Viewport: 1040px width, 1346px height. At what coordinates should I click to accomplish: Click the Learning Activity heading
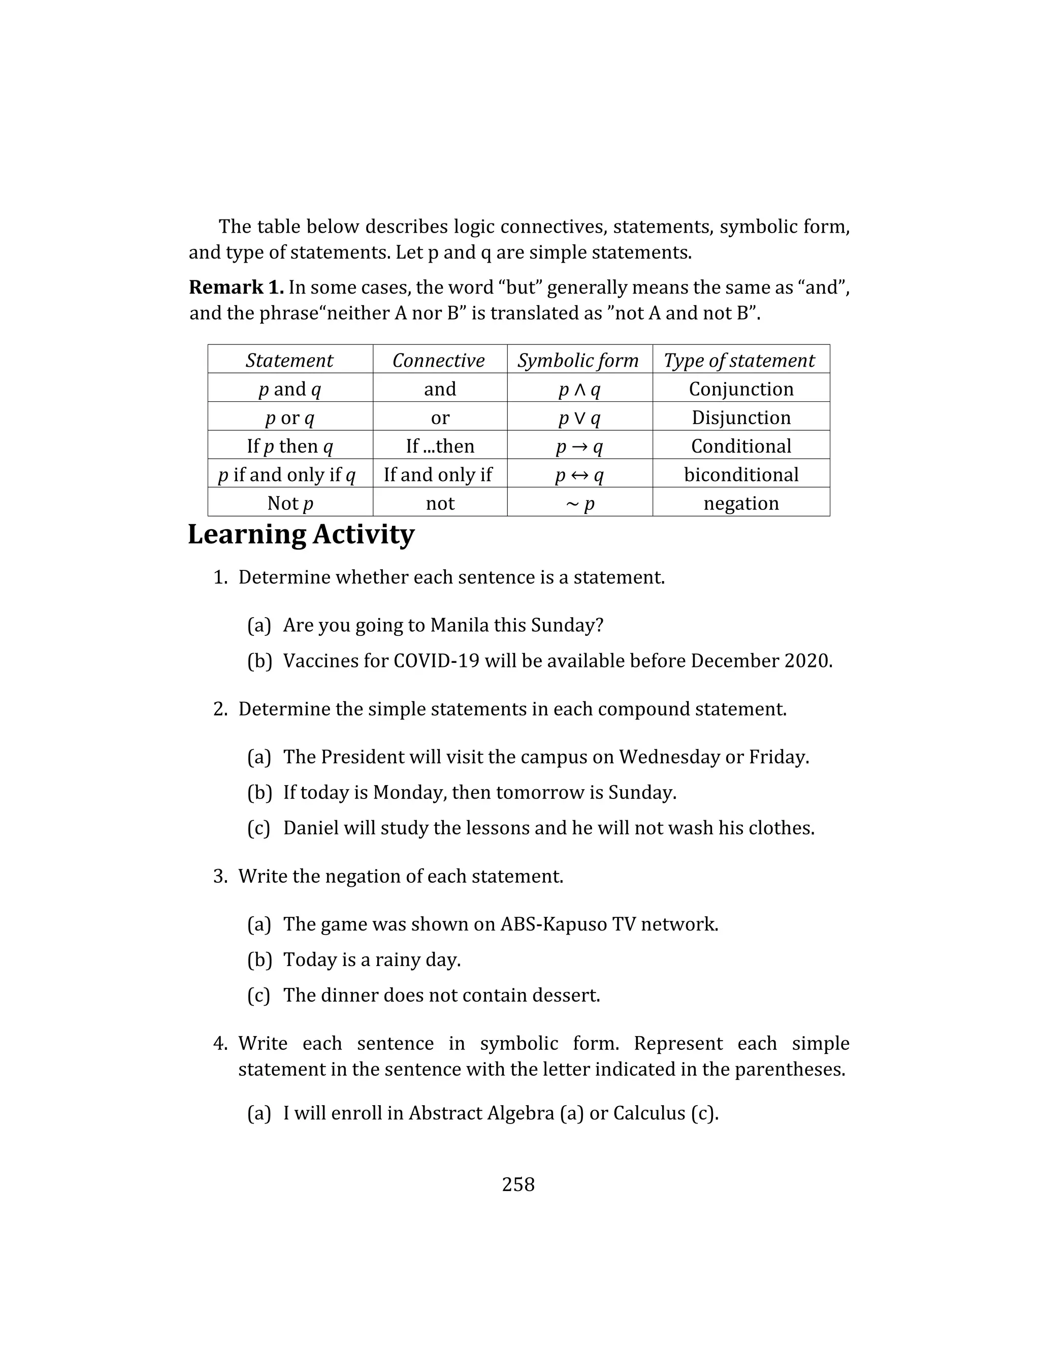[x=301, y=534]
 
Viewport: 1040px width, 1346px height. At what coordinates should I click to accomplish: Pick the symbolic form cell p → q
[x=579, y=446]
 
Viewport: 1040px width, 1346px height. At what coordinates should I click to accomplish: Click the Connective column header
[x=439, y=361]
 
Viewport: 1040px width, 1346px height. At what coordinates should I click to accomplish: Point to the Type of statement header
[x=739, y=361]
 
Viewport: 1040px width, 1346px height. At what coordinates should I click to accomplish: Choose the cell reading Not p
[x=290, y=503]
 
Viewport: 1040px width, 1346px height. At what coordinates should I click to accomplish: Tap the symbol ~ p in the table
[x=579, y=503]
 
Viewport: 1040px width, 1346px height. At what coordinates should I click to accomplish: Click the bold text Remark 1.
[x=236, y=287]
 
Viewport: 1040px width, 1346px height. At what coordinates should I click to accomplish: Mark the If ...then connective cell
[x=440, y=446]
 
